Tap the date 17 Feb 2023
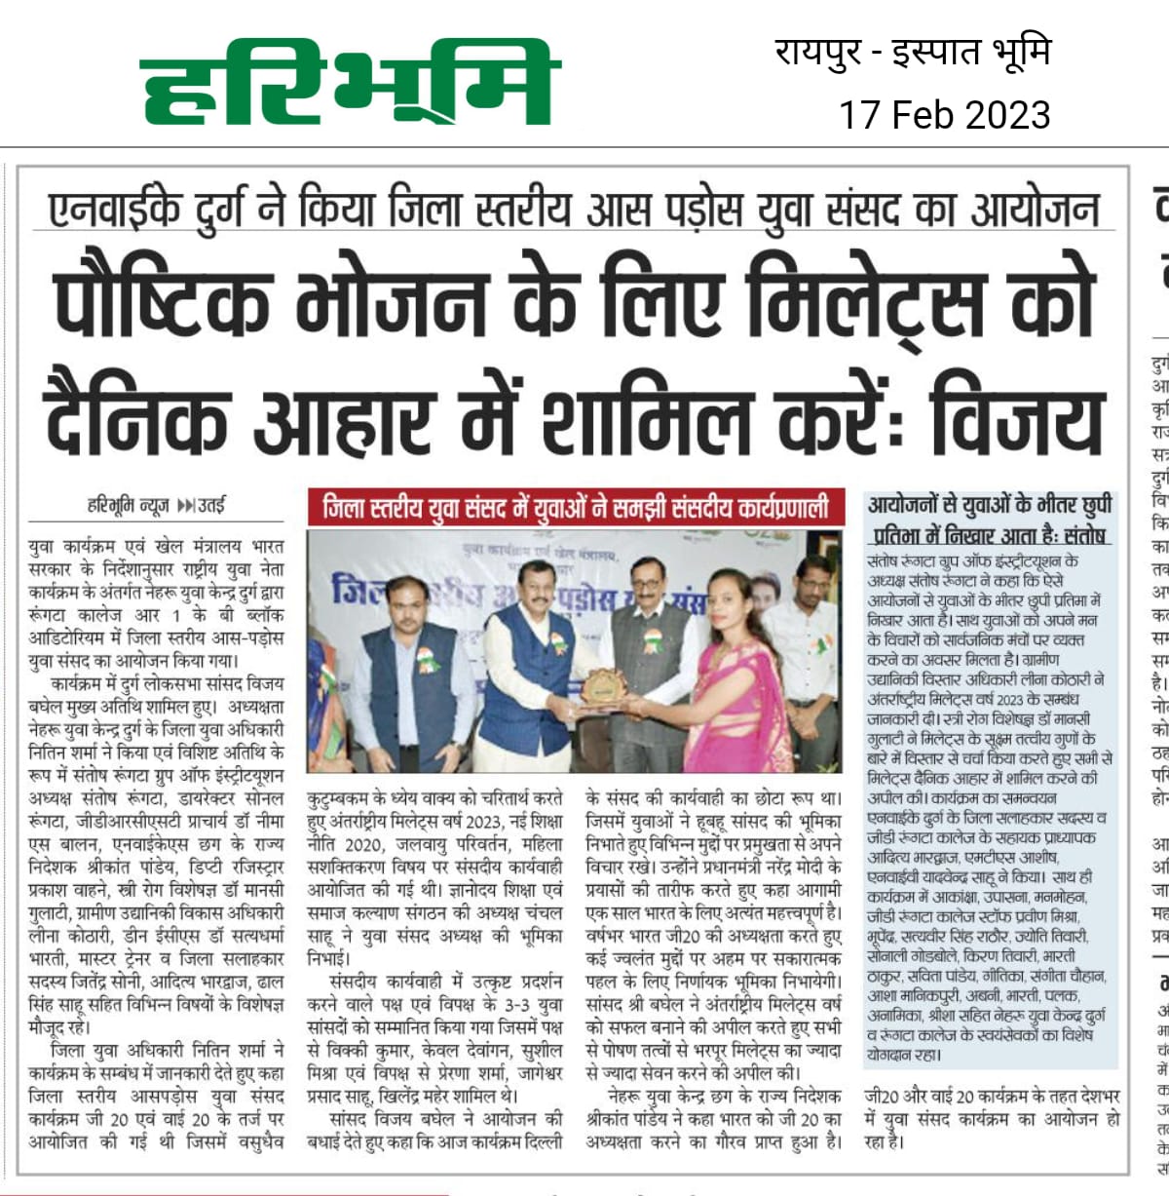point(944,115)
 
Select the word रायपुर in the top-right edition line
point(817,52)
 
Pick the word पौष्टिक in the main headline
point(161,302)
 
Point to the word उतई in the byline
point(211,506)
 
